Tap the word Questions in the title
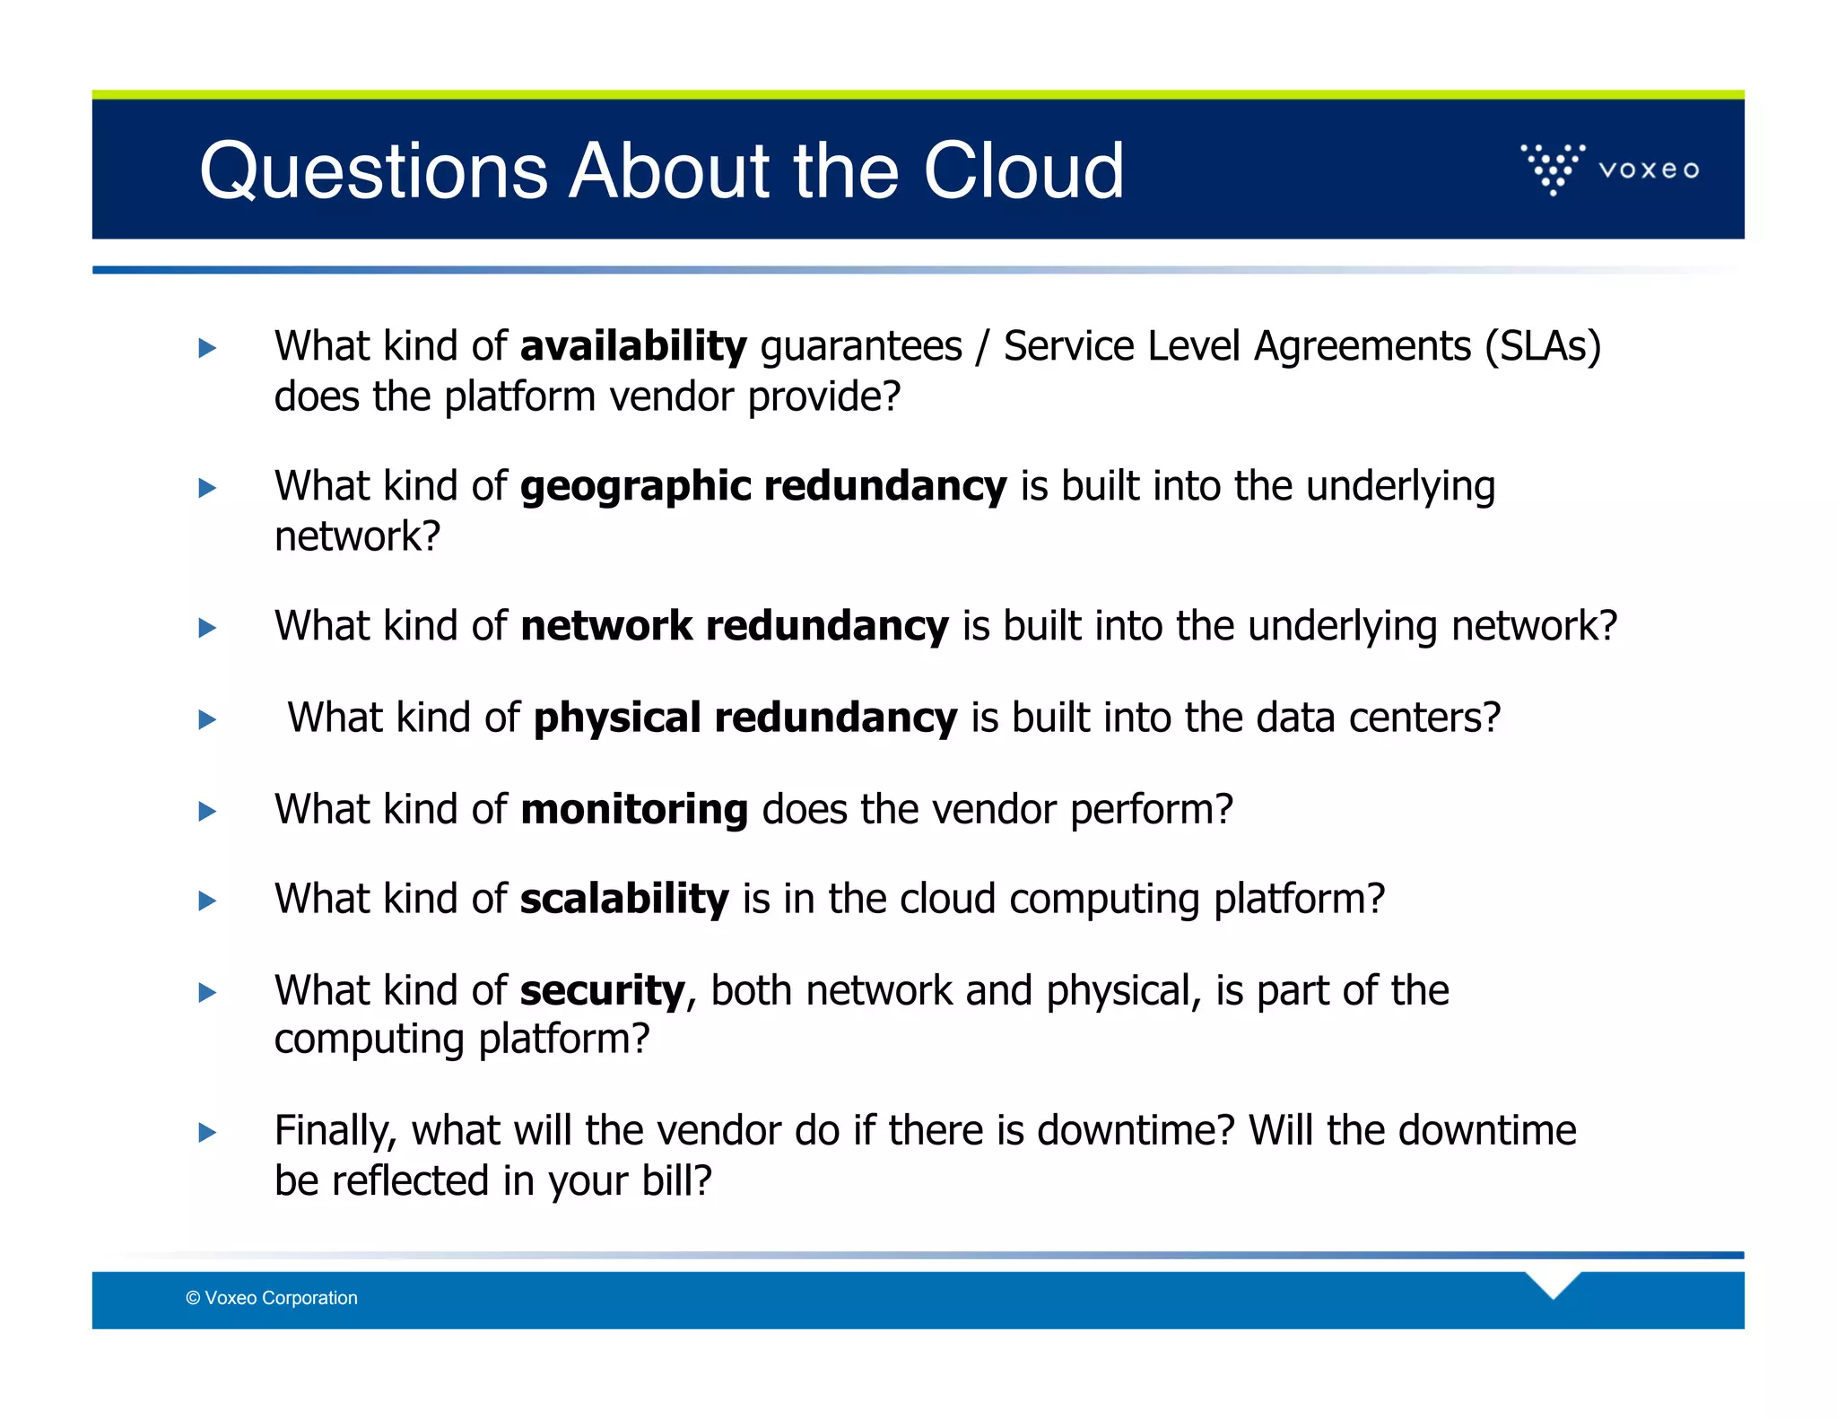click(373, 172)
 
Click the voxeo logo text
click(1649, 170)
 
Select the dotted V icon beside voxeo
click(1554, 168)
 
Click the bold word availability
click(633, 346)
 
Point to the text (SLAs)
click(1543, 346)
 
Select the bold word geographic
click(635, 487)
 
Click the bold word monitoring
click(633, 809)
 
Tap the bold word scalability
click(624, 899)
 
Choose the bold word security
click(603, 991)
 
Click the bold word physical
click(617, 718)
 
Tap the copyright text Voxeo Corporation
click(272, 1298)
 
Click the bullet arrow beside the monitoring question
click(207, 812)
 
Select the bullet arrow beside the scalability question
click(207, 901)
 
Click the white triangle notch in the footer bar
click(1553, 1284)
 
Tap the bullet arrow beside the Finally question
click(207, 1132)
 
